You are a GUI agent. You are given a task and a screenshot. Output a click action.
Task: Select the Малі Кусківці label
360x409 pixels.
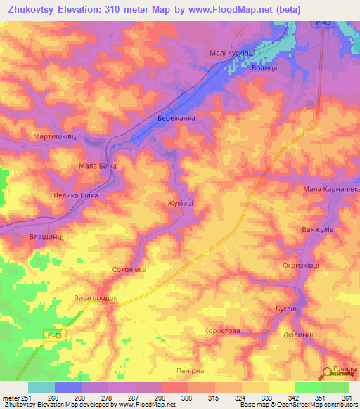click(231, 53)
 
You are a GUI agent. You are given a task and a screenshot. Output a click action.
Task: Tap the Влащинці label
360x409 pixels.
click(46, 237)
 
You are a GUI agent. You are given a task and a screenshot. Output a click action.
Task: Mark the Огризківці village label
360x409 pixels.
click(300, 265)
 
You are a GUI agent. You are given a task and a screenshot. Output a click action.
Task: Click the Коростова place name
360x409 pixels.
click(221, 330)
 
